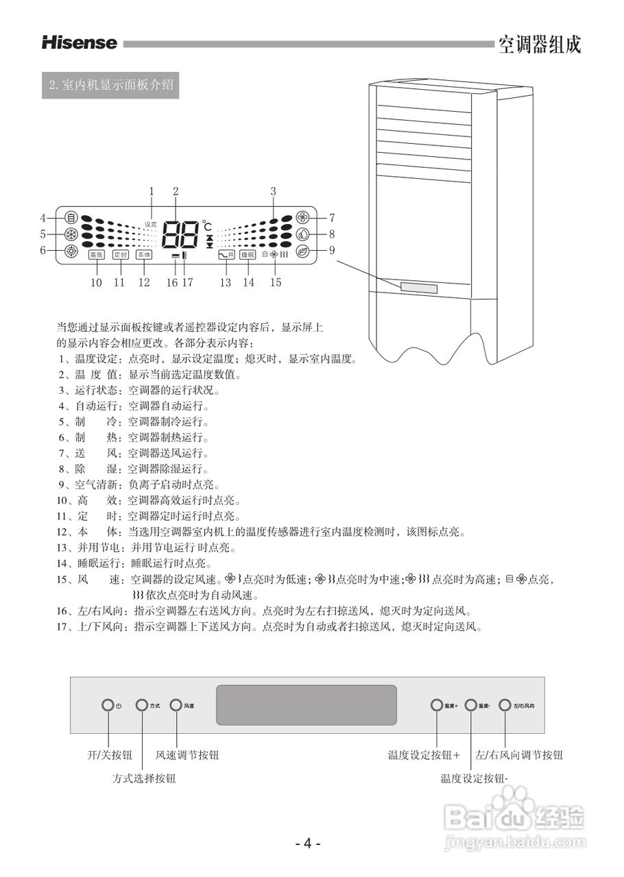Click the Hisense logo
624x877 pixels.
(x=80, y=43)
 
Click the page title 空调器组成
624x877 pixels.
(x=540, y=45)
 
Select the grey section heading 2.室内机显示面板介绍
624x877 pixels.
(x=110, y=86)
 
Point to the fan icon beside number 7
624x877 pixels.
(x=302, y=218)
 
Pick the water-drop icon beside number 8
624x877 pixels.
(x=302, y=234)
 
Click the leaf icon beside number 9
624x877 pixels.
(x=302, y=251)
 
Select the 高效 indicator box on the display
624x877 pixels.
(x=96, y=254)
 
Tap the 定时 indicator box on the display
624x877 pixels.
(x=120, y=254)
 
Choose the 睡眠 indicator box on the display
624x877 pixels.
(x=248, y=254)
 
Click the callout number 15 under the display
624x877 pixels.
(x=276, y=282)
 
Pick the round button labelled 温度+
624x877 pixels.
(x=437, y=705)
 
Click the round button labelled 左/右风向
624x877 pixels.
(x=505, y=705)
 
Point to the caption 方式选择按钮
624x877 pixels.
(x=144, y=778)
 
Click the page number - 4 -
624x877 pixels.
(x=309, y=843)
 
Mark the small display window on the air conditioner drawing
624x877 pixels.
(x=419, y=287)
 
